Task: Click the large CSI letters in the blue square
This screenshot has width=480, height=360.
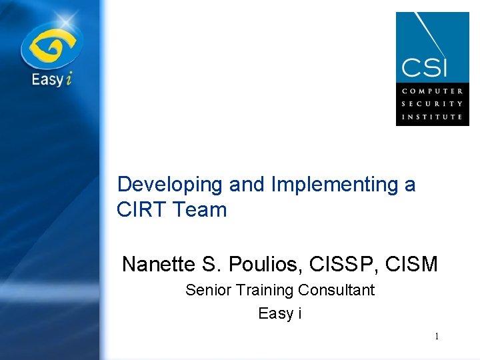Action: (x=424, y=67)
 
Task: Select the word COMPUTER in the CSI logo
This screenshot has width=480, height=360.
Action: (x=431, y=91)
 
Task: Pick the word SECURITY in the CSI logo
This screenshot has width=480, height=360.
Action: (x=431, y=103)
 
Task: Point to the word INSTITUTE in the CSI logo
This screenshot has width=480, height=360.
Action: (x=431, y=116)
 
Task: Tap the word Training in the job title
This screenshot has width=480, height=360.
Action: (x=263, y=291)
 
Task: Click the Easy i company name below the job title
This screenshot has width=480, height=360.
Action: (x=280, y=313)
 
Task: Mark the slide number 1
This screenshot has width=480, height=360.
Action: (x=437, y=337)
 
